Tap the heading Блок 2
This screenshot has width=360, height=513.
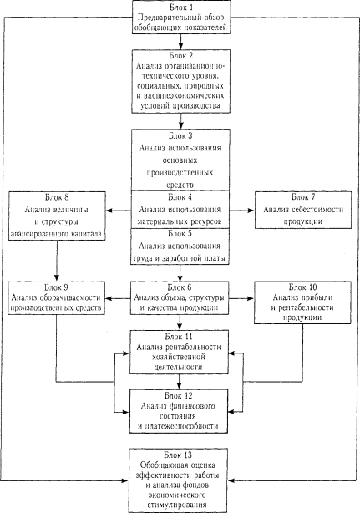[x=181, y=55]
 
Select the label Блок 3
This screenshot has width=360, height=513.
[x=180, y=135]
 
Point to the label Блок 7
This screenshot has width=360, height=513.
[x=303, y=197]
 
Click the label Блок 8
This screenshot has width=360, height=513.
[x=57, y=197]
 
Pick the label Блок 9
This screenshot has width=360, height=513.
[x=56, y=287]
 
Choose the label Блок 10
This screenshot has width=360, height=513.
[x=302, y=287]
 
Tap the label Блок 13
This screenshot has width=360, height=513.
[x=178, y=455]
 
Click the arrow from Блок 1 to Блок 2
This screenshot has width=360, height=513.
[x=180, y=42]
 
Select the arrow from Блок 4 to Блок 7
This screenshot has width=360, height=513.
[x=242, y=211]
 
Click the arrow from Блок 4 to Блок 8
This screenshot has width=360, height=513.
[x=119, y=211]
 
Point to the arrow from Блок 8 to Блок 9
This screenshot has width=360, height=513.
[x=57, y=261]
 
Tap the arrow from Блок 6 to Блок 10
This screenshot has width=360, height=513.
[x=241, y=298]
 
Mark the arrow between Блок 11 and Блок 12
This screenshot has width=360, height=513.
[x=180, y=382]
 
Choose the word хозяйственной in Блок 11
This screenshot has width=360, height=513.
[x=179, y=357]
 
